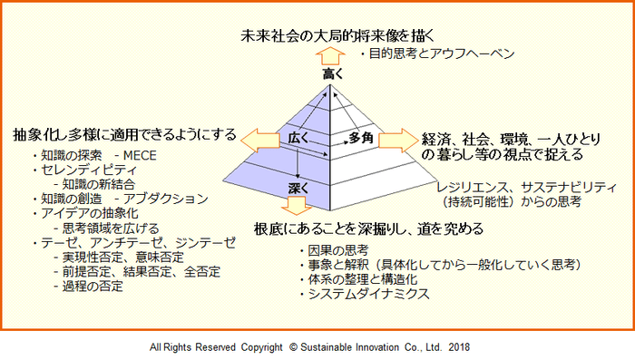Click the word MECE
[x=141, y=155]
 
